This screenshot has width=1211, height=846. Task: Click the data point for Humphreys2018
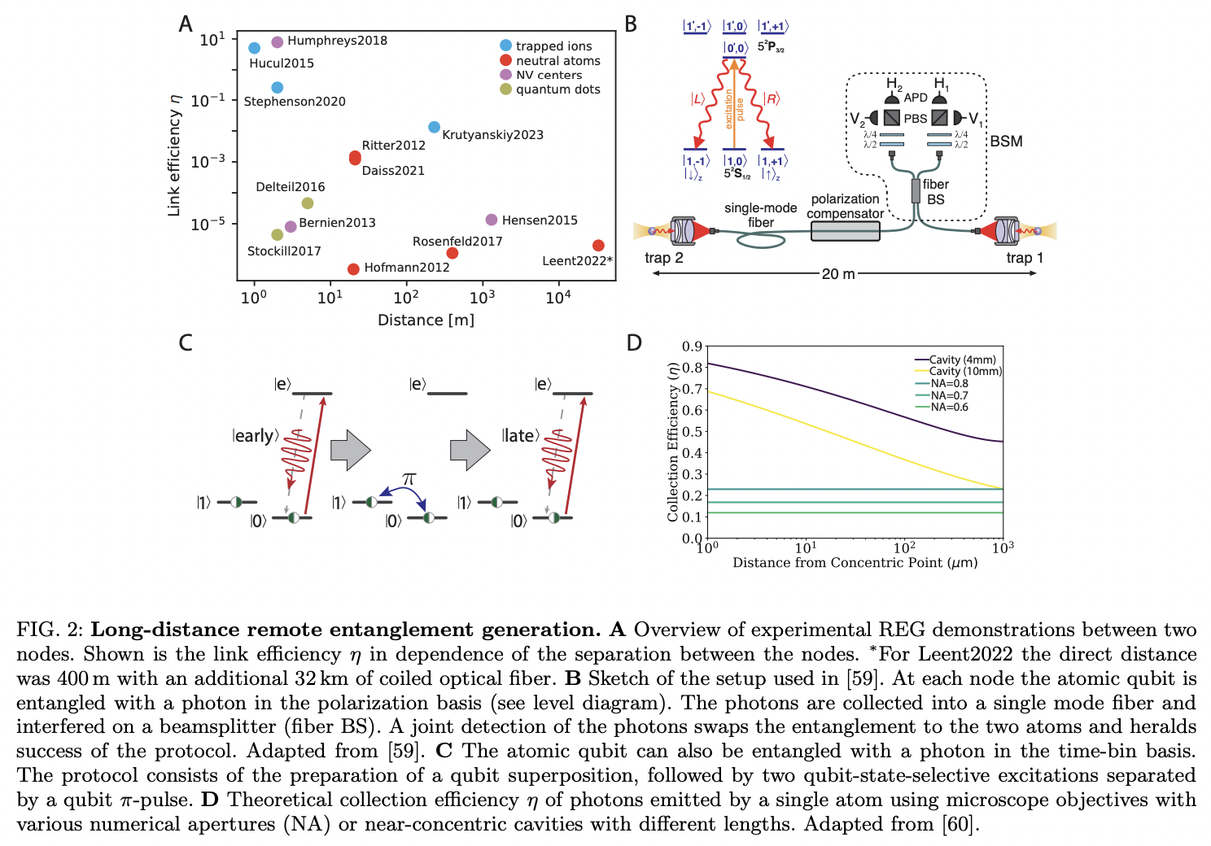pyautogui.click(x=277, y=41)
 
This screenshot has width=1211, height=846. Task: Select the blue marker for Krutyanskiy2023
pyautogui.click(x=434, y=127)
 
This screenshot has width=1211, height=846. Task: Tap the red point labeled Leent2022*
pyautogui.click(x=598, y=245)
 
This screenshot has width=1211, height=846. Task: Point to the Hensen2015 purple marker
pyautogui.click(x=491, y=220)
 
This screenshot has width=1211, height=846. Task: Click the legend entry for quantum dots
pyautogui.click(x=557, y=89)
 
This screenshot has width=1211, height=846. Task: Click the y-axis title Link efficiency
pyautogui.click(x=173, y=155)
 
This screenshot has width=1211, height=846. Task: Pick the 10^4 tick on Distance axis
pyautogui.click(x=557, y=298)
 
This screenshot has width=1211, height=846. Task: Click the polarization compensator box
pyautogui.click(x=845, y=231)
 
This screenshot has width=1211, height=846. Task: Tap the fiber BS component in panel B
pyautogui.click(x=916, y=191)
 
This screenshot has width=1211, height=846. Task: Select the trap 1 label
pyautogui.click(x=1024, y=258)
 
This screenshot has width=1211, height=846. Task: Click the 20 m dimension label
pyautogui.click(x=838, y=274)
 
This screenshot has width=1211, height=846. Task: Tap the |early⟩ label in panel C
pyautogui.click(x=256, y=436)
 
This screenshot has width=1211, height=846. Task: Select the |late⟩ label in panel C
pyautogui.click(x=520, y=436)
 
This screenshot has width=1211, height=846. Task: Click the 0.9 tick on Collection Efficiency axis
pyautogui.click(x=692, y=347)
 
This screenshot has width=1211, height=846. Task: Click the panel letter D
pyautogui.click(x=634, y=342)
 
